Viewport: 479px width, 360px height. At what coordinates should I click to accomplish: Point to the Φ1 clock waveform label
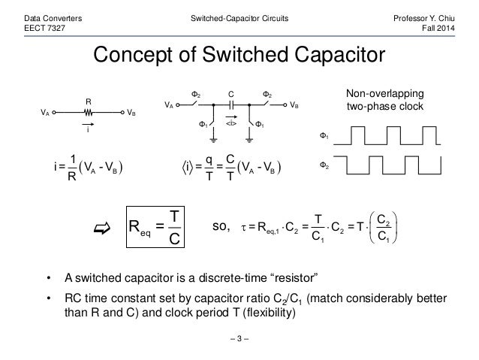[326, 138]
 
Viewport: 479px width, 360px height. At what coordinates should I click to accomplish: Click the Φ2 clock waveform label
[326, 163]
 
